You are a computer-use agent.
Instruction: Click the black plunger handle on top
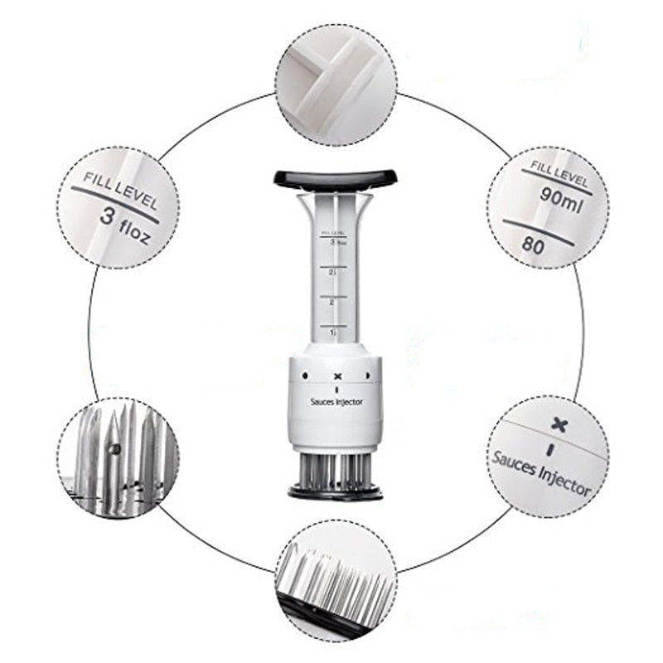point(335,177)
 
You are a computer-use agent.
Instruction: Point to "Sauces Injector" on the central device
point(336,402)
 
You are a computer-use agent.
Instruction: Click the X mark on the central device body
point(336,377)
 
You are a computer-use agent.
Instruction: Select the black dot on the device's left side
point(304,375)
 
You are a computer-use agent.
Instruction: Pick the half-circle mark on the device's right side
point(370,375)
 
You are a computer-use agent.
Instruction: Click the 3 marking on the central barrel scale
point(332,243)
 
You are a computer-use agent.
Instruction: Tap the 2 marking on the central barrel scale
point(332,302)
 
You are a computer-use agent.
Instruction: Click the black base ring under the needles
point(336,493)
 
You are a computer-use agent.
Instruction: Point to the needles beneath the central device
point(336,471)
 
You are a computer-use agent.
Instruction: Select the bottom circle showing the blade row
point(336,579)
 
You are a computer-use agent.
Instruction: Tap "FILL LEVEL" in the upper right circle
point(559,173)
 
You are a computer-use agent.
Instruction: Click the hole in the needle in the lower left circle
point(116,448)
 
